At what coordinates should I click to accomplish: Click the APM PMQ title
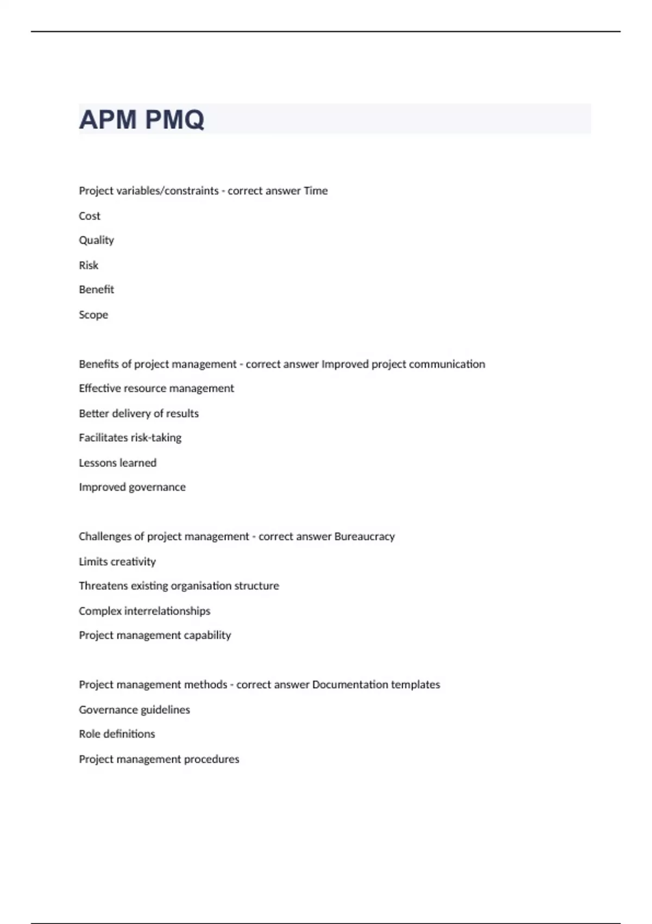141,120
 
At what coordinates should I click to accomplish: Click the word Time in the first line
315,191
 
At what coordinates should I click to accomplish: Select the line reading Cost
90,216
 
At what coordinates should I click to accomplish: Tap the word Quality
96,240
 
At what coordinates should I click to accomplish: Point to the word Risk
89,265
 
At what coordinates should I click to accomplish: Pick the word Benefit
96,290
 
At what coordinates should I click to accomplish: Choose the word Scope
93,315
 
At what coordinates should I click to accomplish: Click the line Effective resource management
156,389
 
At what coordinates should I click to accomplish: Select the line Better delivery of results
139,414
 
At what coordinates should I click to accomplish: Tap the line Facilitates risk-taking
130,438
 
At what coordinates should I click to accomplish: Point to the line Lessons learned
117,463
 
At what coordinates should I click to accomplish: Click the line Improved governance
132,487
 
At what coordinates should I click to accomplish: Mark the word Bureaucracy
365,536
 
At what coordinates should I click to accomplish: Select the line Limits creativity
117,561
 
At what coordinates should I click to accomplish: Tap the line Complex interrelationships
145,611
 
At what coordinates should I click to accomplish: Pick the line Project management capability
155,635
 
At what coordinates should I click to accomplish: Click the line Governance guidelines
134,710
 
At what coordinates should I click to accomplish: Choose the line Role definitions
117,734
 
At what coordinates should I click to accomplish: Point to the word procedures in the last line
211,759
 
